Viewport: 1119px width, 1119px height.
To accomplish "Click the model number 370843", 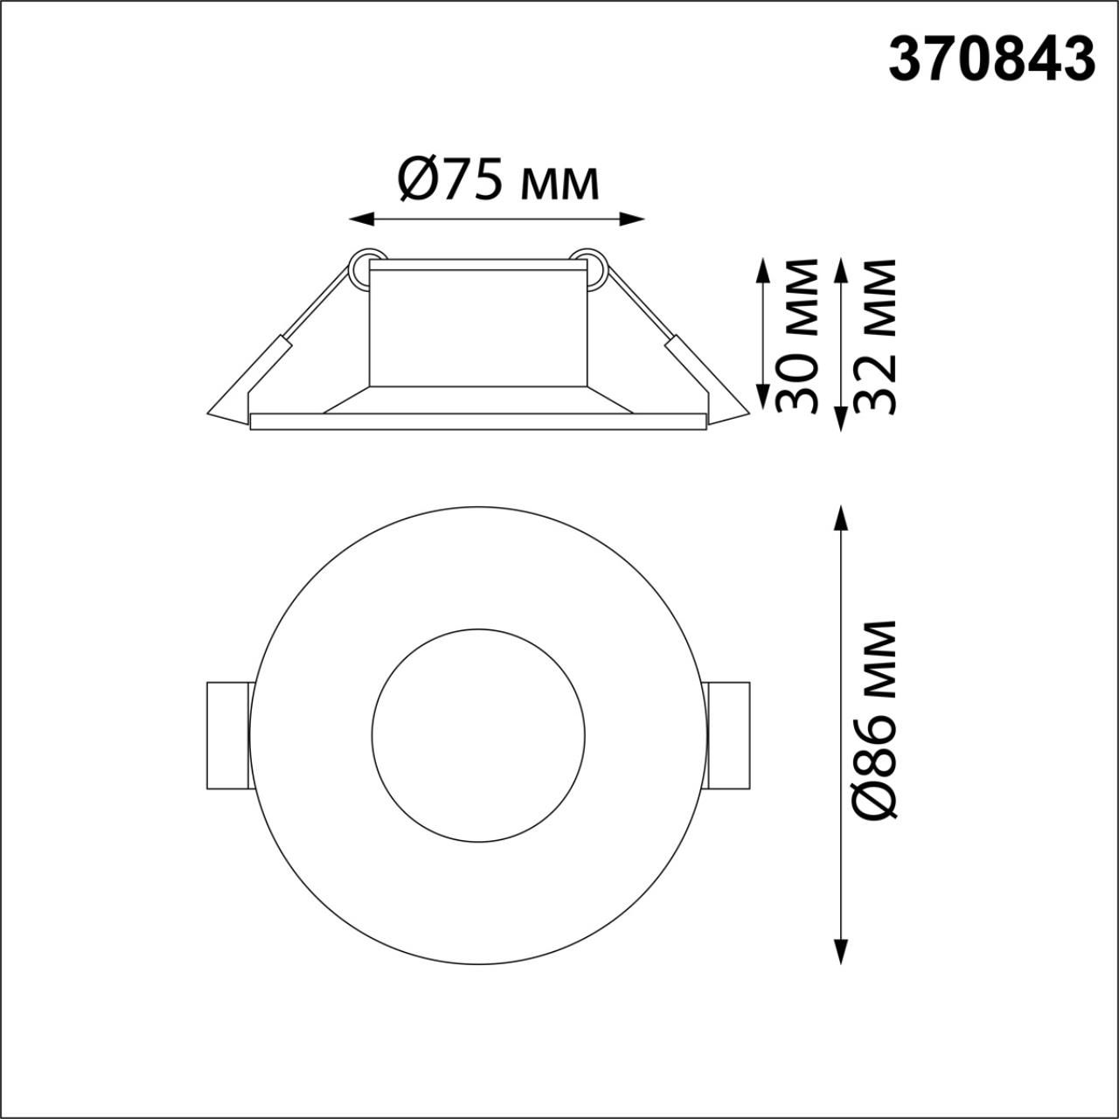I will coord(991,60).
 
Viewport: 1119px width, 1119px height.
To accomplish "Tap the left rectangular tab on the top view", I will coord(227,736).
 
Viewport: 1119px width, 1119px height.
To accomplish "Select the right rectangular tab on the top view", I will coord(728,736).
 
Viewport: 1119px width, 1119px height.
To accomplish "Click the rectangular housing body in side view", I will coord(476,323).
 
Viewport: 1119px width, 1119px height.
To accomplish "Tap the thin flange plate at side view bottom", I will coord(476,421).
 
